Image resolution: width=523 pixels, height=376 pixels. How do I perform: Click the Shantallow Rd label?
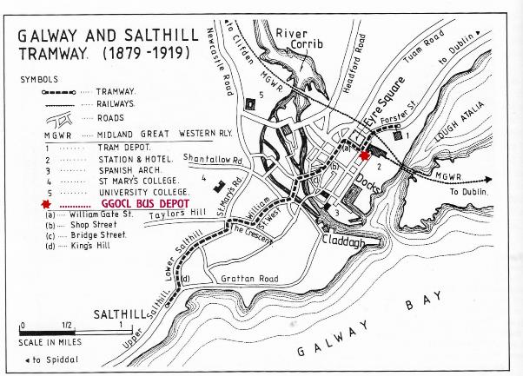[213, 159]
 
